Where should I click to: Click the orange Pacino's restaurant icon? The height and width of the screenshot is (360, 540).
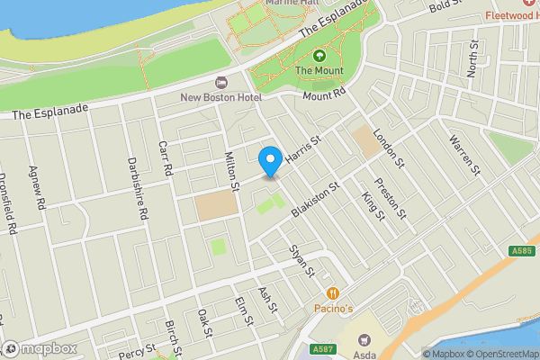click(x=332, y=292)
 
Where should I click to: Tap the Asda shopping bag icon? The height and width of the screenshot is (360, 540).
click(x=364, y=339)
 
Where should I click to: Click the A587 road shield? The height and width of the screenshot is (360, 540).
click(x=323, y=348)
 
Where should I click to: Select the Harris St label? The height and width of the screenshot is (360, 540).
click(x=303, y=149)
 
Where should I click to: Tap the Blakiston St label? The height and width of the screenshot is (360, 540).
click(x=315, y=199)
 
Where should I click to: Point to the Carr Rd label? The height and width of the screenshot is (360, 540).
click(x=164, y=157)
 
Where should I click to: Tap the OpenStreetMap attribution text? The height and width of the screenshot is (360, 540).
click(x=503, y=354)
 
